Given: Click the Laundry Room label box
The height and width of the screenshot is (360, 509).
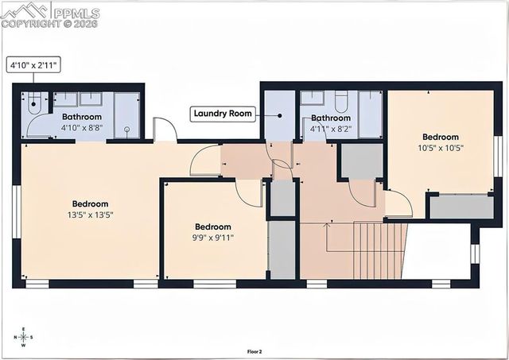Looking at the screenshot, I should click(x=223, y=114).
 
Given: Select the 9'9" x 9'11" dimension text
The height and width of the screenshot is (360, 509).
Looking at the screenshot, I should click(x=212, y=238).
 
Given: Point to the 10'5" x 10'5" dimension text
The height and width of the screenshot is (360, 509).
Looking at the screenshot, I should click(x=440, y=148).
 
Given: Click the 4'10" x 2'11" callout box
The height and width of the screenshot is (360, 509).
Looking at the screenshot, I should click(x=34, y=65).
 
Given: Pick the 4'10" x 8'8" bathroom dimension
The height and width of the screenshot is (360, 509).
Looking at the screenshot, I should click(x=82, y=126).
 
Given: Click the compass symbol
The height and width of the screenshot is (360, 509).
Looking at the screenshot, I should click(x=24, y=337).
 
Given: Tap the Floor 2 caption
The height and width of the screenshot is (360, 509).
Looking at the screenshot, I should click(x=254, y=350).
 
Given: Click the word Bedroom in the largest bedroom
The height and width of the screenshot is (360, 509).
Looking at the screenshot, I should click(x=90, y=203).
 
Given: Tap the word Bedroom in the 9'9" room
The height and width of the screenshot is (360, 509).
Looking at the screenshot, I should click(x=212, y=226).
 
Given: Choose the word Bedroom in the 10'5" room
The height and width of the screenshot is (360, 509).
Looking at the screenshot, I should click(x=440, y=137).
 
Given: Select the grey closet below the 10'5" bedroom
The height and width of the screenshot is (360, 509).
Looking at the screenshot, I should click(x=460, y=207).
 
